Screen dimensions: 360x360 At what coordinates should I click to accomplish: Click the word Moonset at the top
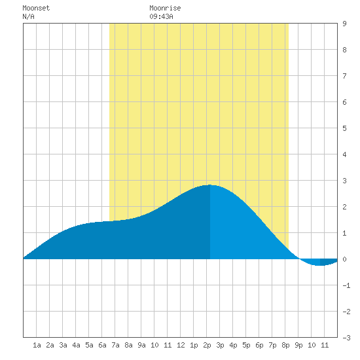click(36, 8)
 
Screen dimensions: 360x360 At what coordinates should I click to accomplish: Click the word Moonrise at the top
click(165, 8)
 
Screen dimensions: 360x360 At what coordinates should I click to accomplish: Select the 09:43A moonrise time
click(161, 16)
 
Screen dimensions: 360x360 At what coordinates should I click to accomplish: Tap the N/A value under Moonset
click(28, 16)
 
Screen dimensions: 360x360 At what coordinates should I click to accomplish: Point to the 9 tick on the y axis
click(344, 24)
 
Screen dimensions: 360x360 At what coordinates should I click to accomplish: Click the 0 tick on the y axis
click(344, 259)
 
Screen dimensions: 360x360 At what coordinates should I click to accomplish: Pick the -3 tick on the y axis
click(346, 338)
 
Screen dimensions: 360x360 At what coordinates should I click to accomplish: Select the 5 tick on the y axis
click(344, 128)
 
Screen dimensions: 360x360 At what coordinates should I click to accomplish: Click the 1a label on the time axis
click(37, 345)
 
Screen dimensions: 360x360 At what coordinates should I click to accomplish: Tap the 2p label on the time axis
click(207, 345)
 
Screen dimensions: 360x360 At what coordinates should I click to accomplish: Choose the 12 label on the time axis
click(181, 345)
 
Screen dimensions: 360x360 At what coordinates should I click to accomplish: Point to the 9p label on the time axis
click(298, 345)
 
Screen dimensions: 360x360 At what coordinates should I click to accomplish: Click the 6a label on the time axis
click(102, 345)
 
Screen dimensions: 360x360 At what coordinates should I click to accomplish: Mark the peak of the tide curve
click(210, 185)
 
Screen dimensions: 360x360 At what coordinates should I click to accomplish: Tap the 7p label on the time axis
click(272, 345)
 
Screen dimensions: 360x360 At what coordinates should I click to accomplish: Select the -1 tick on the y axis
click(346, 285)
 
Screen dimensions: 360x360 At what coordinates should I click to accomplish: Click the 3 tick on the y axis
click(344, 181)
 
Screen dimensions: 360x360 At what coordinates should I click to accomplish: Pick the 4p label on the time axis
click(233, 345)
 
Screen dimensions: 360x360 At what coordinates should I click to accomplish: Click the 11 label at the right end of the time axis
click(325, 345)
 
